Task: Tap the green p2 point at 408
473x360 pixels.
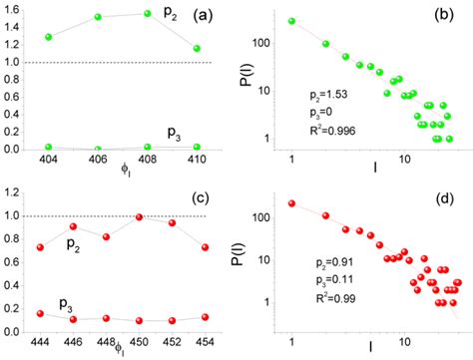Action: [147, 14]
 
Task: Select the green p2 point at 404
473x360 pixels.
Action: [49, 37]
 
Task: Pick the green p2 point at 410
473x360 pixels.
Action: [197, 48]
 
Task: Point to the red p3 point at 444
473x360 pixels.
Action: [39, 313]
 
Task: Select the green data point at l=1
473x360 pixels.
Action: [291, 21]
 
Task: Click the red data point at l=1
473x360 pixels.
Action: [291, 202]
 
